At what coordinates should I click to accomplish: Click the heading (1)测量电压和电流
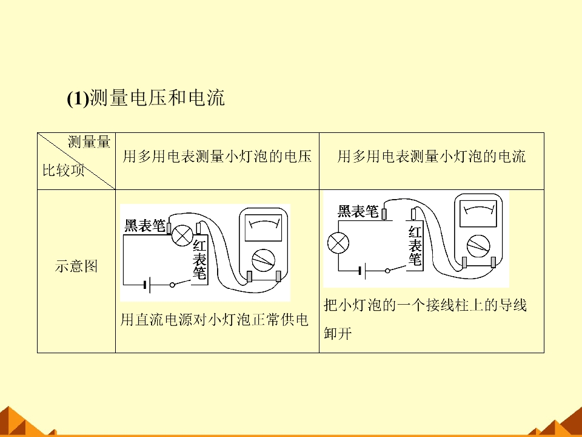[146, 98]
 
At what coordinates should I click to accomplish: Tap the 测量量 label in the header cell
[89, 142]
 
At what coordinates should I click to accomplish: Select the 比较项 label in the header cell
[64, 170]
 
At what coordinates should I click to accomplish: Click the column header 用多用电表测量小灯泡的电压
[217, 157]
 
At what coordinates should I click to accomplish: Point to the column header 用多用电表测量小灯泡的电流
[431, 157]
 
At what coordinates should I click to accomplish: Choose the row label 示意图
[76, 266]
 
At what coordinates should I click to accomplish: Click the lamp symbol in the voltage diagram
[182, 235]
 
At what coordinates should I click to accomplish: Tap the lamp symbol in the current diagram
[338, 243]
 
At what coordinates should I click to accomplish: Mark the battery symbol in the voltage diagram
[147, 285]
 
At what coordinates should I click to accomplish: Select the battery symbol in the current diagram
[363, 271]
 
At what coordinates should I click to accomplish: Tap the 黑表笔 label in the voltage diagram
[145, 225]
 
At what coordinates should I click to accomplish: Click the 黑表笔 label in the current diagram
[358, 211]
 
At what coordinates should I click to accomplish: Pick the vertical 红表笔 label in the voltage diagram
[199, 259]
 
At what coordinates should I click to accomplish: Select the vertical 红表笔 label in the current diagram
[415, 246]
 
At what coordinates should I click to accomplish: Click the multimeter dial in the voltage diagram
[264, 260]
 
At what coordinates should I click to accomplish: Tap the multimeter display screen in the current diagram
[478, 213]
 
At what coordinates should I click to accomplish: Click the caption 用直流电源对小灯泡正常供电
[215, 320]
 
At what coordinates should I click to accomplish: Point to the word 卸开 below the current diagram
[338, 333]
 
